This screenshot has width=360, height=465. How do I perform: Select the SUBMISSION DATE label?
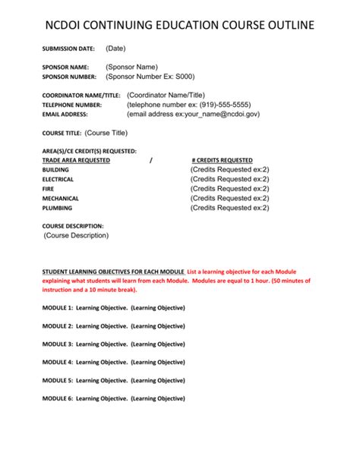pos(68,49)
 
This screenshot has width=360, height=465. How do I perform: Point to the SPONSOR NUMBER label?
pos(69,77)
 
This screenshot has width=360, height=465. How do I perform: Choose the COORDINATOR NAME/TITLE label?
pos(82,95)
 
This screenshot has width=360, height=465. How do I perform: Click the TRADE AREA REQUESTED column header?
pos(76,160)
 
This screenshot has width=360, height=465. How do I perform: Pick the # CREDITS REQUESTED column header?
pos(223,160)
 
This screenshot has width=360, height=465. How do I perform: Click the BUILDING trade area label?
pos(55,170)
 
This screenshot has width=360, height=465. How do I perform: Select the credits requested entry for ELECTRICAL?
pos(229,179)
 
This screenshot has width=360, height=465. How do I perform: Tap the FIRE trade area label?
pos(48,189)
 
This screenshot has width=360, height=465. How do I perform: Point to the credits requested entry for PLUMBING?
pos(229,207)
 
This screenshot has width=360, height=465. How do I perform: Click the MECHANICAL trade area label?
pos(61,198)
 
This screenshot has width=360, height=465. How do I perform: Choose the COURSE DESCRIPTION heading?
pos(73,226)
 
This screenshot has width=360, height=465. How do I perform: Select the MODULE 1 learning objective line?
pos(114,308)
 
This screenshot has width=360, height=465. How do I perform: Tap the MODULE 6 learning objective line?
pos(114,398)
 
